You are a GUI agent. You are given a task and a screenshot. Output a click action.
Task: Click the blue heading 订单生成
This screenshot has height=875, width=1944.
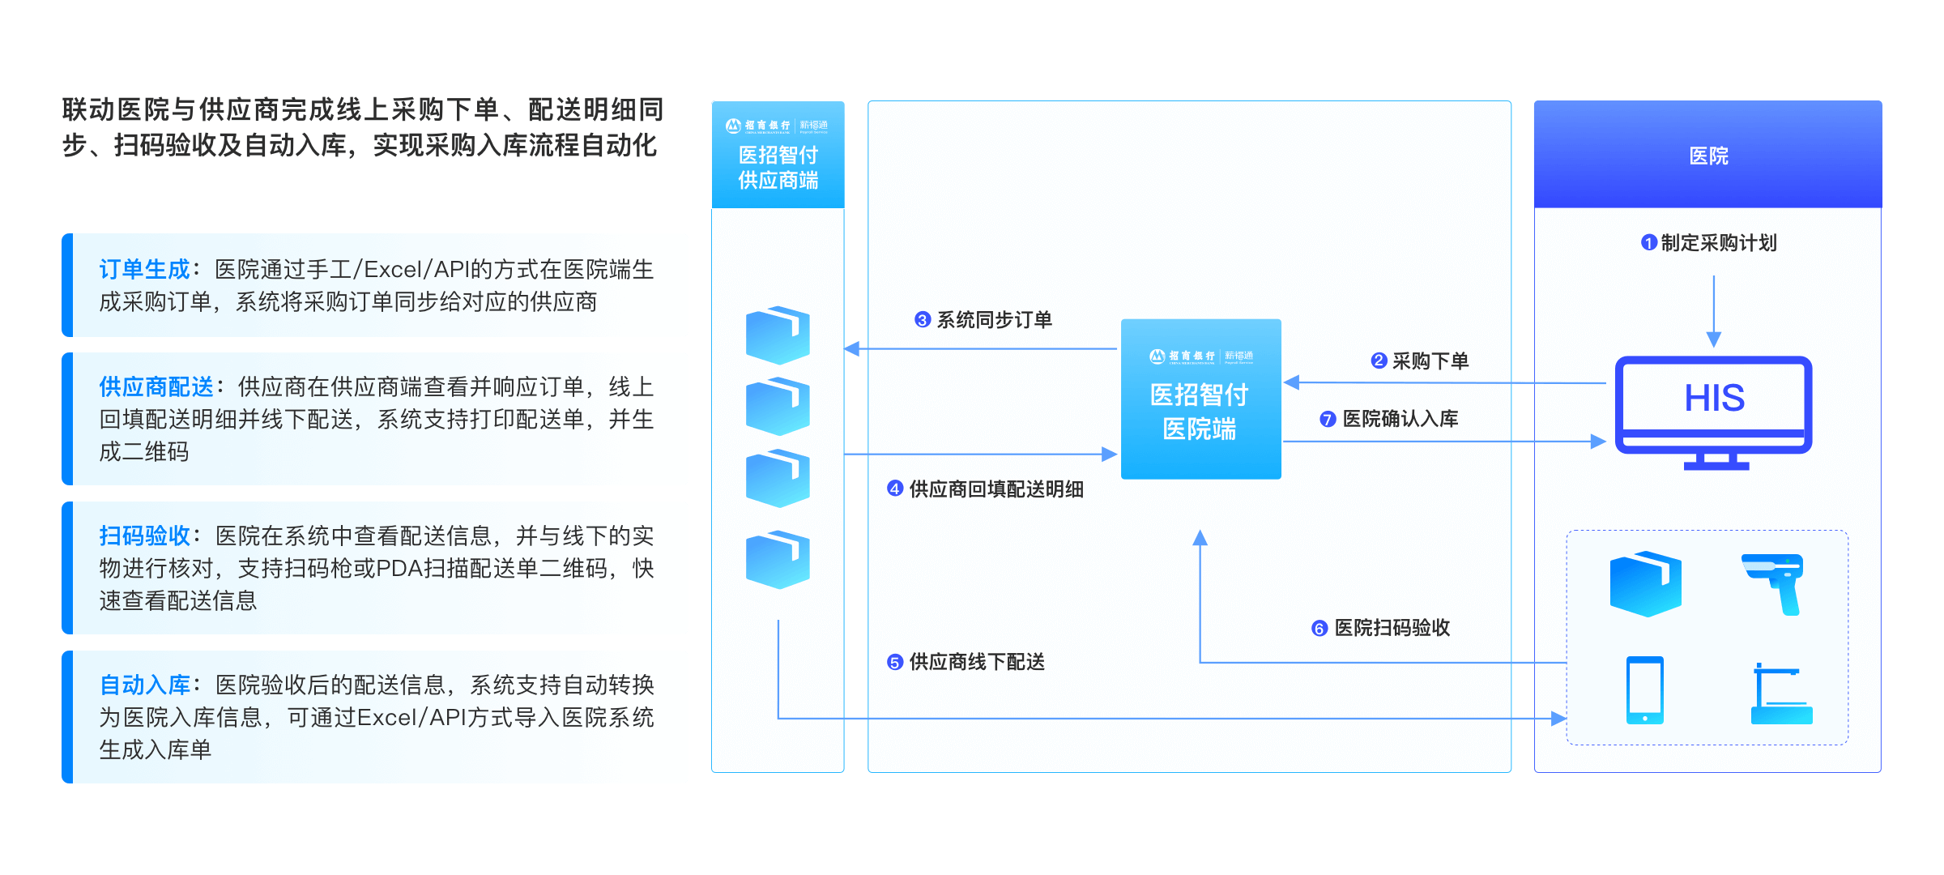point(144,270)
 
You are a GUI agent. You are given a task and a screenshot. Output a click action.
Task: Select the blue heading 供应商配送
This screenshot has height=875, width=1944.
point(156,387)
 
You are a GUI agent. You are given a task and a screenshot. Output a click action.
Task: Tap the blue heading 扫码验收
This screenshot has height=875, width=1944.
point(144,536)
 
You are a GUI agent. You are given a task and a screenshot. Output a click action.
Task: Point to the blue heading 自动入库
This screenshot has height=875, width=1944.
point(144,685)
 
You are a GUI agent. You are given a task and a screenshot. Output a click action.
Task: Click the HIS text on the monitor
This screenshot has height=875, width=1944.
point(1714,399)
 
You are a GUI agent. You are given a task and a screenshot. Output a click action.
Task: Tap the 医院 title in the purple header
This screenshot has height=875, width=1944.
point(1708,156)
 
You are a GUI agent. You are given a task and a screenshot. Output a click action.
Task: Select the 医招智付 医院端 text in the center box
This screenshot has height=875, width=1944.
point(1200,412)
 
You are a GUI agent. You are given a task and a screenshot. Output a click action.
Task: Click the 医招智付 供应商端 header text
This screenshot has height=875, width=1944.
point(778,167)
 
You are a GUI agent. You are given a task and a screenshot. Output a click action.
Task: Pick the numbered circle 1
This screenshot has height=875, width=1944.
point(1648,243)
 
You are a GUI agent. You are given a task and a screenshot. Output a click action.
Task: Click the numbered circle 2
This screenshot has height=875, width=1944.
point(1379,361)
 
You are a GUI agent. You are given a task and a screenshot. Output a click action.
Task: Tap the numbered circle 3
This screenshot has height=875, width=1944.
point(922,320)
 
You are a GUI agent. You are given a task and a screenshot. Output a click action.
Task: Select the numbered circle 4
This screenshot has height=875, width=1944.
point(894,489)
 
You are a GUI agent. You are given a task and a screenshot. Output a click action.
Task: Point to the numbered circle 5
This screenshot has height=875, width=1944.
point(894,663)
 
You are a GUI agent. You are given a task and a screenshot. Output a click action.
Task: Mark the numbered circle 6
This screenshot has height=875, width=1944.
point(1319,629)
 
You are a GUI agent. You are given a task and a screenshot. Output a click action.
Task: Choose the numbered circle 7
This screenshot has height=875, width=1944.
point(1327,420)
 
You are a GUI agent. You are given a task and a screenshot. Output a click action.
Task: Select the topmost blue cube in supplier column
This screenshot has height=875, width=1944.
point(778,335)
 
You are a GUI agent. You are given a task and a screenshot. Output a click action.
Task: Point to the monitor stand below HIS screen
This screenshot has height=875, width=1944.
point(1716,463)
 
